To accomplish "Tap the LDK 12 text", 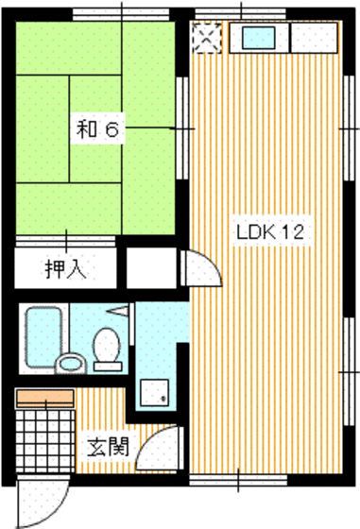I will [269, 232].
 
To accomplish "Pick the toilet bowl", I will [108, 346].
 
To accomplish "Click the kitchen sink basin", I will [258, 39].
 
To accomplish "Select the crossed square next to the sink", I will [206, 39].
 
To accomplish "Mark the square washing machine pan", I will [153, 394].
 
